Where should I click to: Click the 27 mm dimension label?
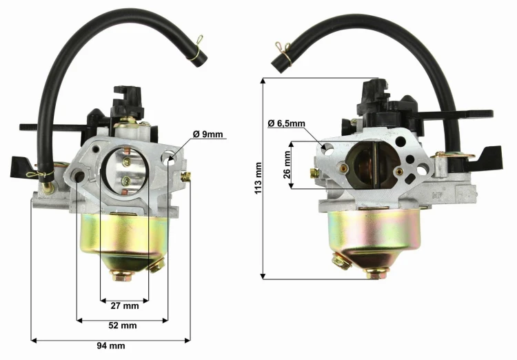coord(125,306)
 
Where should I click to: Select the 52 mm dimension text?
coord(123,326)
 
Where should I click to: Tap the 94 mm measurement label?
coord(111,346)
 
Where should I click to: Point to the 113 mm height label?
coord(258,178)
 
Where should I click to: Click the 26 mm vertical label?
coord(287,165)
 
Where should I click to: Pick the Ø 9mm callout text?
coord(207,134)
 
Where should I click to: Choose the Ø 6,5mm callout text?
coord(287,123)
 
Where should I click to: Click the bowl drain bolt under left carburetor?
coord(122,276)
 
